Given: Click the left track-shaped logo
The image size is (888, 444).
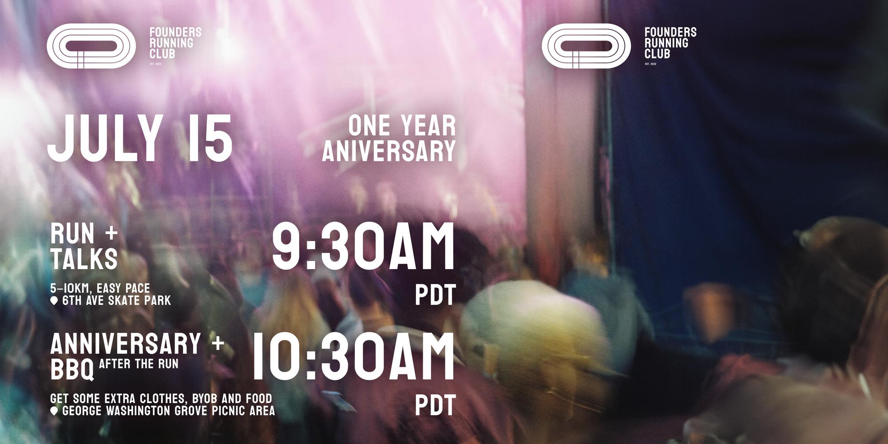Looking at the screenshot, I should pos(91,46).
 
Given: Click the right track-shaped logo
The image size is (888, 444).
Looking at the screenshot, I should pos(586,46).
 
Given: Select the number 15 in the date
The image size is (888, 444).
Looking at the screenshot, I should pos(210,138).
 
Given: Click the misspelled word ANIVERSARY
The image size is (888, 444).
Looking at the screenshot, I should pos(389,151).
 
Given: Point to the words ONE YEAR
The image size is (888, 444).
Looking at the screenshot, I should pos(402,126).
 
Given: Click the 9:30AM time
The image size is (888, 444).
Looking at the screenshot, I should pos(363,247).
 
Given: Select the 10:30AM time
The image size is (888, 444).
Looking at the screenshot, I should pos(354,357).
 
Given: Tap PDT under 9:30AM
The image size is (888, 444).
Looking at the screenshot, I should pos(435,295).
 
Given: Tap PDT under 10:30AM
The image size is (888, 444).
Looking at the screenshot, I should pos(435,405).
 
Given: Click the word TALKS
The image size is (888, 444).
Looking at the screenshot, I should pos(84,259).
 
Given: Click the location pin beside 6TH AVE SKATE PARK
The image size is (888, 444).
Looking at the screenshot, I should pos(55,301).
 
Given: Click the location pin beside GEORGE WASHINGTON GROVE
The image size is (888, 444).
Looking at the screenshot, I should pos(55,411).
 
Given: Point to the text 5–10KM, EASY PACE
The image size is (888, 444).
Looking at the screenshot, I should pos(100,288).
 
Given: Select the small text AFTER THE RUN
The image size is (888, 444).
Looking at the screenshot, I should pos(139,364).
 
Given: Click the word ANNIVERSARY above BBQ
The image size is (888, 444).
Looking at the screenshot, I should pos(126,344).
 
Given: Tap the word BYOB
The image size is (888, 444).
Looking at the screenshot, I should pos(209,398).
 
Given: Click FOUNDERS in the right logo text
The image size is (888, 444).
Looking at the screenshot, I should pos(670,32).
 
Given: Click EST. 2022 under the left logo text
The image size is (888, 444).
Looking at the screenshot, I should pos(155,64).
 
